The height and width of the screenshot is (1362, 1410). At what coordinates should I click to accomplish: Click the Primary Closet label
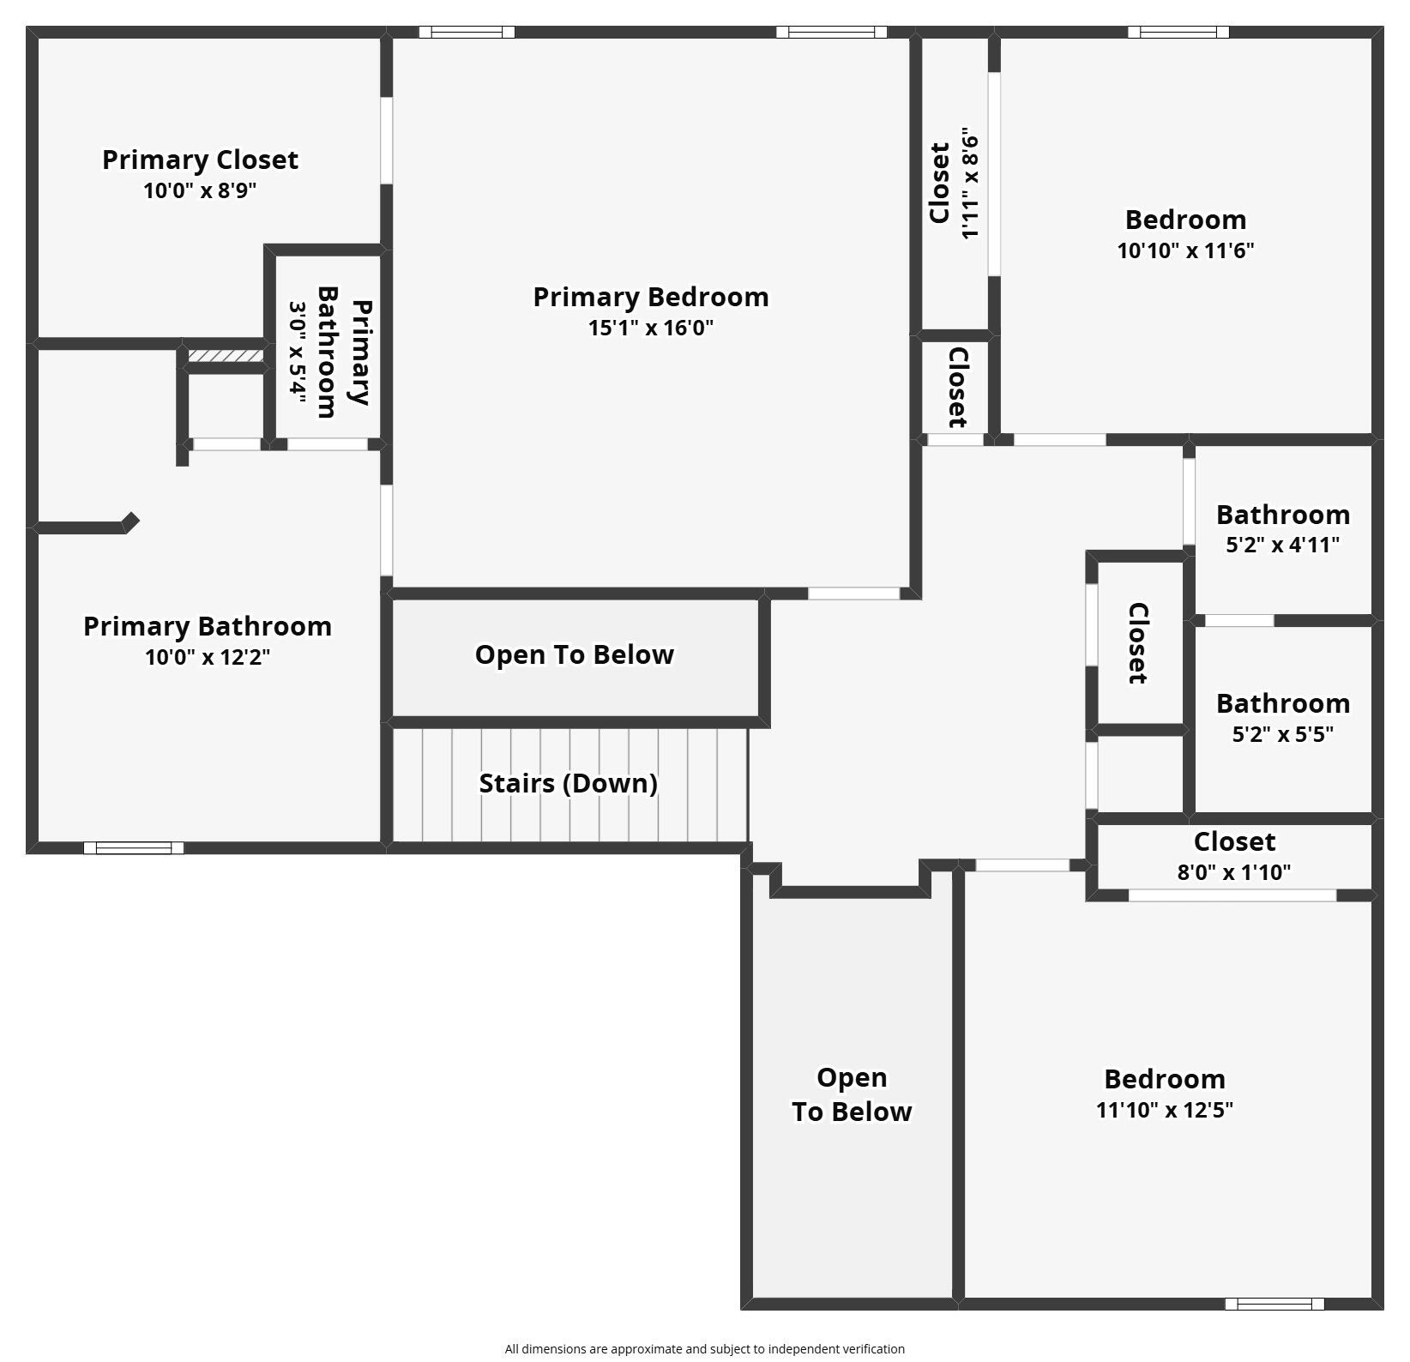tap(200, 160)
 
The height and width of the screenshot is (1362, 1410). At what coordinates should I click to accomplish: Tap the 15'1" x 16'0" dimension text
tap(650, 328)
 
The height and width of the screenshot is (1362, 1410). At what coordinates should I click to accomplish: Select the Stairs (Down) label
tap(568, 783)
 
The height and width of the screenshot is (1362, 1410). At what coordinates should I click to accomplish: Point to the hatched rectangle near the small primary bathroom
tap(225, 355)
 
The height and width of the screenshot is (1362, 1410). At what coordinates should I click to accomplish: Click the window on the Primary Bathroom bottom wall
tap(134, 848)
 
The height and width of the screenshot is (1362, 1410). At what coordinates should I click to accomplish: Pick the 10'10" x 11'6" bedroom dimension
tap(1185, 250)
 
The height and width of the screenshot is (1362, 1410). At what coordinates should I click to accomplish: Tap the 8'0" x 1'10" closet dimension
tap(1233, 872)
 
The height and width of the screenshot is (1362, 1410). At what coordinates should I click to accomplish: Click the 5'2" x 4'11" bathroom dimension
tap(1282, 545)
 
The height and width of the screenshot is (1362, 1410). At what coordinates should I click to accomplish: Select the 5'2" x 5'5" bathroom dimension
tap(1282, 734)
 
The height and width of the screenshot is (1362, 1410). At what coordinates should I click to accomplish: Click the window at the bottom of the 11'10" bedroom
tap(1274, 1304)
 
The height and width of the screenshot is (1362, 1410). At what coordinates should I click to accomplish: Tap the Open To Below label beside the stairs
tap(574, 654)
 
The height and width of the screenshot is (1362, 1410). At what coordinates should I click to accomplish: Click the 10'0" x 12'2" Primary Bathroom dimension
tap(207, 657)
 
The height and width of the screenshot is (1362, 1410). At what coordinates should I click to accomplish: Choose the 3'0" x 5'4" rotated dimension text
tap(297, 351)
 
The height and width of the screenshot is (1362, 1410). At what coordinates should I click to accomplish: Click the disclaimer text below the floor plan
tap(704, 1349)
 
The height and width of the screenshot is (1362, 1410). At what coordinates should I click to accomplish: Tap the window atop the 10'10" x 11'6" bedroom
tap(1178, 33)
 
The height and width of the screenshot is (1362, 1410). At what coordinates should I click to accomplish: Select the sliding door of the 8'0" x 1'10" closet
tap(1232, 895)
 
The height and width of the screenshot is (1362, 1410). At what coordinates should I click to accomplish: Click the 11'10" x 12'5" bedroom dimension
tap(1164, 1110)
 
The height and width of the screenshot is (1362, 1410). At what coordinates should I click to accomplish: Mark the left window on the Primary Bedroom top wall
tap(467, 33)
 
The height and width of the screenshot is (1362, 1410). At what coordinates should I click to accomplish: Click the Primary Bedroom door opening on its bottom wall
tap(853, 594)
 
